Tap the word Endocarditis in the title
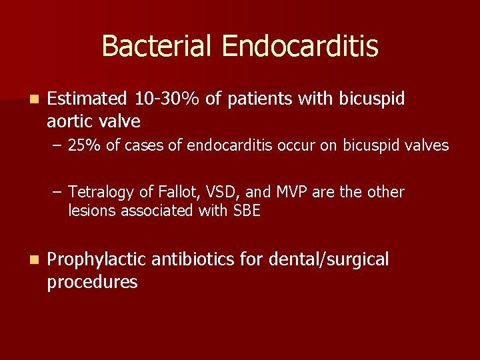(300, 47)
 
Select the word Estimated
(87, 99)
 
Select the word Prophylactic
(97, 260)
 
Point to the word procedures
(92, 282)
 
